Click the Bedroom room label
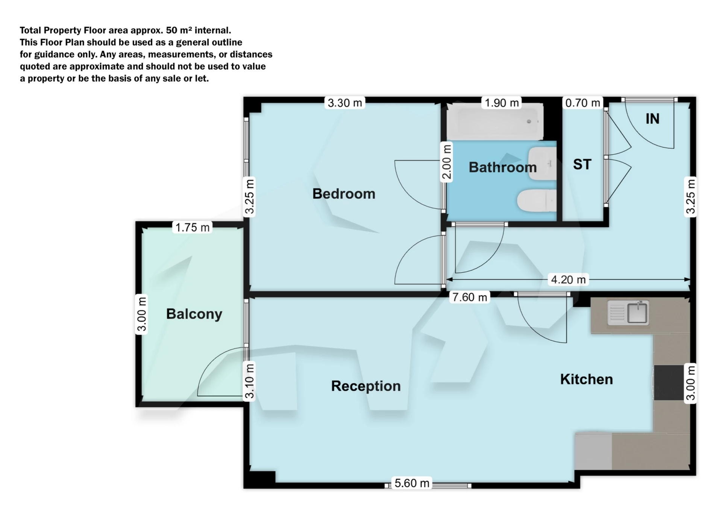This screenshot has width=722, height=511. point(344,194)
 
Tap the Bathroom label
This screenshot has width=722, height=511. point(502,167)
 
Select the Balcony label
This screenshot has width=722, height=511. point(194,314)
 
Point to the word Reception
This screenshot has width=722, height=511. point(366,386)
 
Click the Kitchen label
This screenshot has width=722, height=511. point(586,379)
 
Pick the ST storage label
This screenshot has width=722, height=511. point(582,165)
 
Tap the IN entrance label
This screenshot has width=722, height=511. point(652,119)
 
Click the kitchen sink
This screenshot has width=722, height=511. point(628,313)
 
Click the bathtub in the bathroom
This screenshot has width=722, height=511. point(495,122)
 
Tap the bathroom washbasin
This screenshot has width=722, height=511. point(542,163)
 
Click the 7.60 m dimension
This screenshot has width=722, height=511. point(470,297)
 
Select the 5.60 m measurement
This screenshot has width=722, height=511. point(412,483)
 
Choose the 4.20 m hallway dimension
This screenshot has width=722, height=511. point(568,280)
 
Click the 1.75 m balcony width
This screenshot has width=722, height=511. point(193,227)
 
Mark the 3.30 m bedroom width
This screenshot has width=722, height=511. point(345,103)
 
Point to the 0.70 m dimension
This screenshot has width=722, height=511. point(582,103)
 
